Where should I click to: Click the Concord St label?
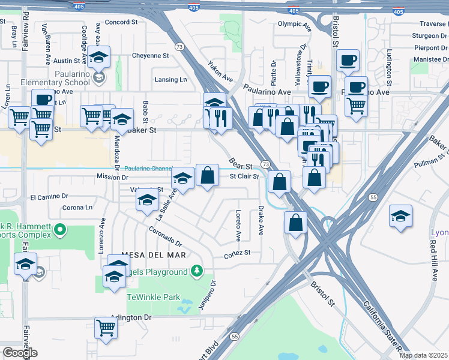pyautogui.click(x=121, y=22)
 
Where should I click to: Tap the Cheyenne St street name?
pyautogui.click(x=151, y=55)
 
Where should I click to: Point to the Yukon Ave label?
pyautogui.click(x=220, y=71)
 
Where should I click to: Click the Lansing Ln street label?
pyautogui.click(x=170, y=79)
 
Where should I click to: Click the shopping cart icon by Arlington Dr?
pyautogui.click(x=106, y=328)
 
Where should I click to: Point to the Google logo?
pyautogui.click(x=20, y=353)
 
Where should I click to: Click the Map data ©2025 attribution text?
pyautogui.click(x=423, y=355)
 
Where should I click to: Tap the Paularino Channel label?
pyautogui.click(x=148, y=169)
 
